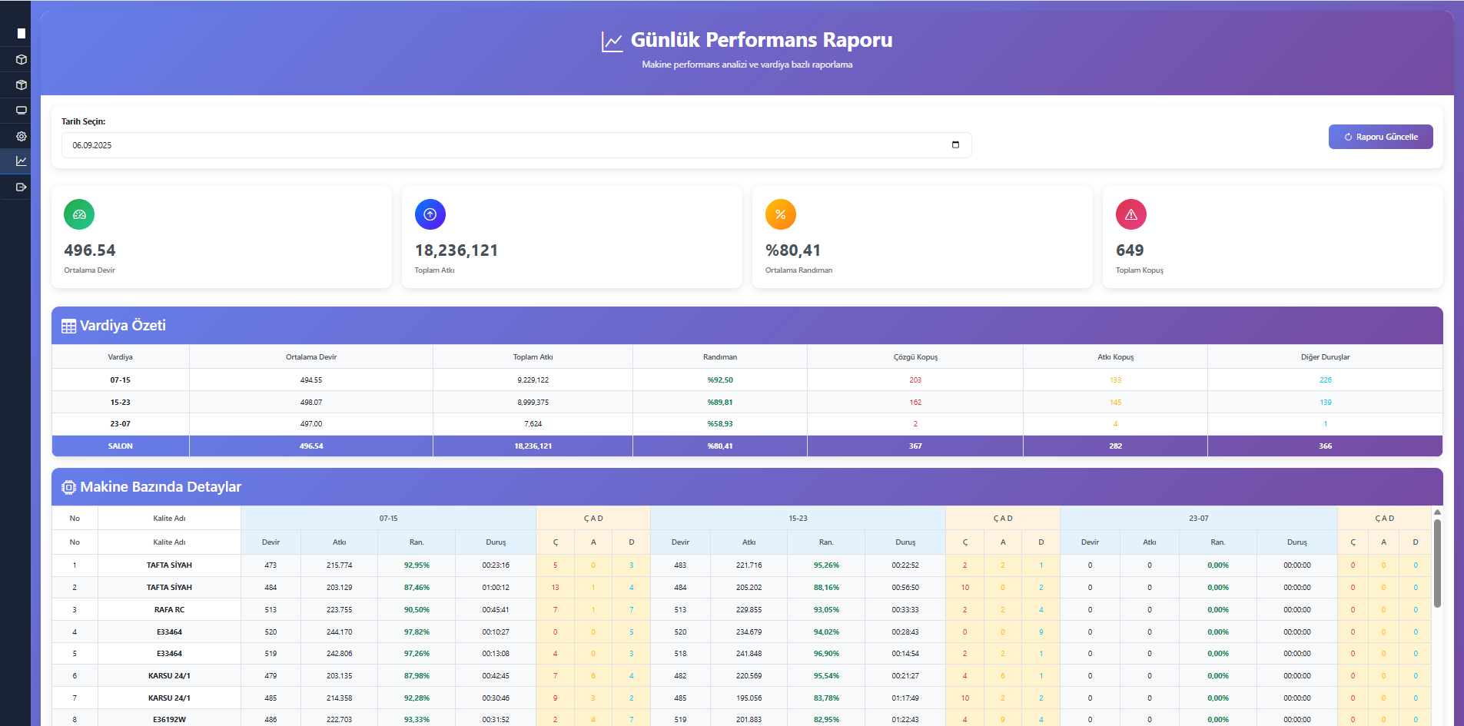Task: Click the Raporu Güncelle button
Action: coord(1380,137)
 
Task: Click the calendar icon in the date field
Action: coord(955,144)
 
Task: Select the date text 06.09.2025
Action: coord(92,145)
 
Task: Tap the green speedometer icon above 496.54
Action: coord(79,214)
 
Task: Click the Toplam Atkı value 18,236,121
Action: coord(456,250)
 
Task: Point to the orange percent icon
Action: coord(780,214)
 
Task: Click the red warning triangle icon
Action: coord(1130,214)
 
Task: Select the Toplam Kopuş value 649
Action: coord(1130,250)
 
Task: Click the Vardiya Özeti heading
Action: coord(123,326)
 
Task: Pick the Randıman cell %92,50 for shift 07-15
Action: coord(720,380)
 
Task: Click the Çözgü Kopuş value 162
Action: coord(915,403)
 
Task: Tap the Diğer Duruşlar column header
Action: coord(1325,357)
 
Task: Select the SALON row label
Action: coord(121,446)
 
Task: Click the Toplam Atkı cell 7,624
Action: coord(533,424)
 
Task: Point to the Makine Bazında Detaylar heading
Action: coord(161,487)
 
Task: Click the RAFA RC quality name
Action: coord(169,610)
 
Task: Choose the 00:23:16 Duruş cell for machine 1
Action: coord(496,565)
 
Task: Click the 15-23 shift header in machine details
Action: coord(798,519)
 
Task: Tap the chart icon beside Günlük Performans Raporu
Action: coord(612,41)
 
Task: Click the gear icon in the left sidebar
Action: coord(22,136)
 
